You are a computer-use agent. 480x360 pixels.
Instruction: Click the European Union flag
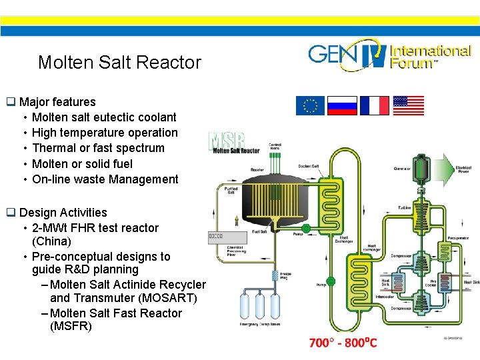(310, 106)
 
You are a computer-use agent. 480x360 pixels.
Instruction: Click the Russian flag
(342, 106)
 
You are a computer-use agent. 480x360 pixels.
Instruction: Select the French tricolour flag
(374, 106)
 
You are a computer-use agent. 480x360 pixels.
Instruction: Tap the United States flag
(408, 106)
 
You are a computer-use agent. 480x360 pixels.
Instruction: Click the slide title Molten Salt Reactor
(119, 63)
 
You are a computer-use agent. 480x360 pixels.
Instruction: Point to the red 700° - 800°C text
(343, 343)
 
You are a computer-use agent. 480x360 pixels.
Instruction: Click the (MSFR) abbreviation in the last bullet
(71, 326)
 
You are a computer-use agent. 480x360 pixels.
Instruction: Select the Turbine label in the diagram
(405, 208)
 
